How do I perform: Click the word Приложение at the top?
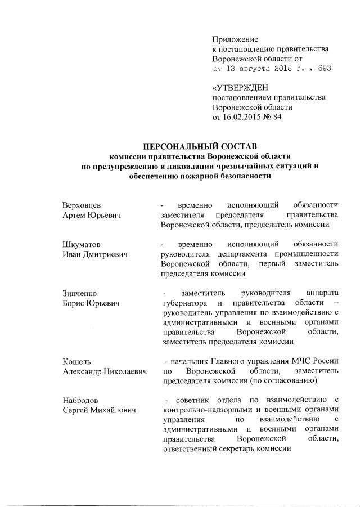(x=235, y=39)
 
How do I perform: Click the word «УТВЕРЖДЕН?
(x=240, y=87)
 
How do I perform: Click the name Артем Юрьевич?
(x=91, y=215)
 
